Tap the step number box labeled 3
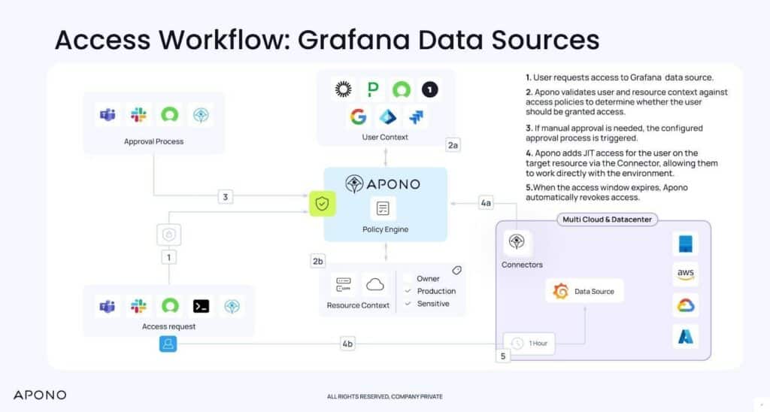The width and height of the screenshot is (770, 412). tap(226, 197)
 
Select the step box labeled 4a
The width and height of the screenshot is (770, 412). tap(487, 202)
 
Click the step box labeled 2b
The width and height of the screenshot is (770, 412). tap(318, 262)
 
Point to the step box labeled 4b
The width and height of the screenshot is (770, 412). tap(347, 344)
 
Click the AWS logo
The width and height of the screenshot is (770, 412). tap(685, 275)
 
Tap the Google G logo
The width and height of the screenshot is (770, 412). tap(357, 117)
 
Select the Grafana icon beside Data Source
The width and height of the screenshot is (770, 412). tap(560, 291)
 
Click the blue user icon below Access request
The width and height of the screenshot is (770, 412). tap(168, 344)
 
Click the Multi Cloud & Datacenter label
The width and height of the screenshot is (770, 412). tap(603, 220)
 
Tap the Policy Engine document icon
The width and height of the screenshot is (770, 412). tap(383, 208)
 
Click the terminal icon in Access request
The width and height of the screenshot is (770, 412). tap(201, 306)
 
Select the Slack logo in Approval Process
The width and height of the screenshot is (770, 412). tap(138, 115)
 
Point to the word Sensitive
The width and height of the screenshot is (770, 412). tap(433, 304)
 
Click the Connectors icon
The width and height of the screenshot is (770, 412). tap(517, 242)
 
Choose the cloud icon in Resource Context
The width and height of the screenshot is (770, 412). tap(374, 284)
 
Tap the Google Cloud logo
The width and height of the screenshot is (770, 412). tap(685, 305)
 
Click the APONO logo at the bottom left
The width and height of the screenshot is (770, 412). tap(40, 395)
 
